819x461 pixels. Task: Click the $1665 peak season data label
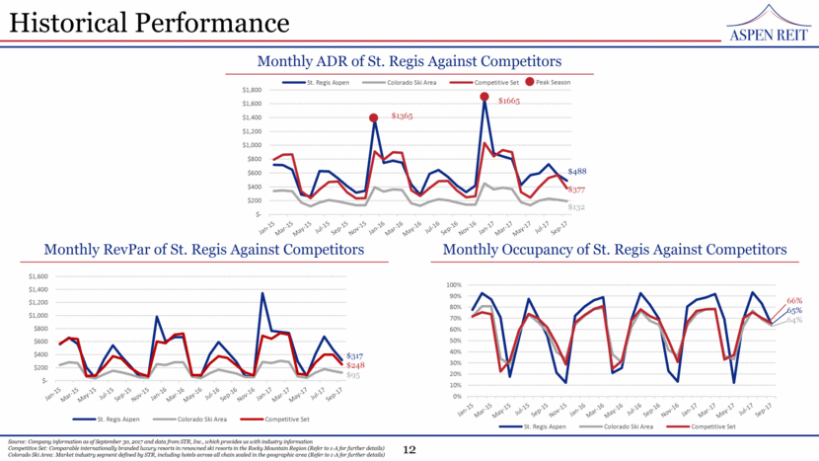[x=509, y=101]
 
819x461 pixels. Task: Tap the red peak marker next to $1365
[x=374, y=118]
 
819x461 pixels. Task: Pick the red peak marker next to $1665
[x=484, y=97]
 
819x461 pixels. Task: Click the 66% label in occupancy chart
[x=794, y=300]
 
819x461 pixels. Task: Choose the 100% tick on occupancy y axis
[x=454, y=285]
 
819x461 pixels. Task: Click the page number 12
[x=409, y=450]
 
